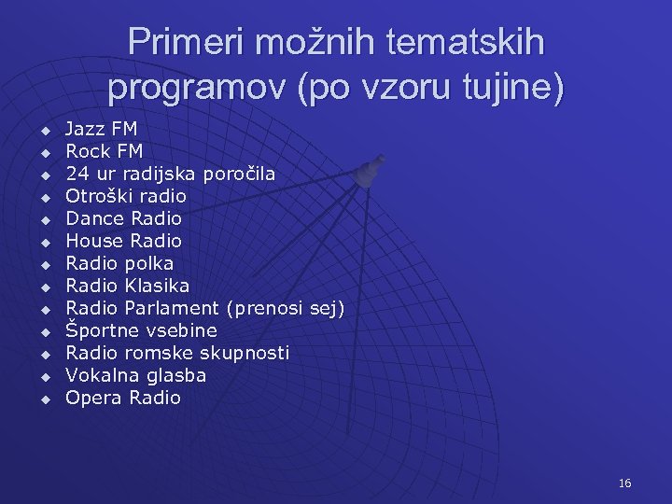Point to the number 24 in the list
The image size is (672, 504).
(x=77, y=174)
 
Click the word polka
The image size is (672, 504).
(x=148, y=263)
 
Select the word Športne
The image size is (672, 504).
(x=103, y=330)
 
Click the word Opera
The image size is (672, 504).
(x=93, y=398)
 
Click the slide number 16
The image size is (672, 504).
(x=624, y=483)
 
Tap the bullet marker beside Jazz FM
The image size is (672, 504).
(x=43, y=129)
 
